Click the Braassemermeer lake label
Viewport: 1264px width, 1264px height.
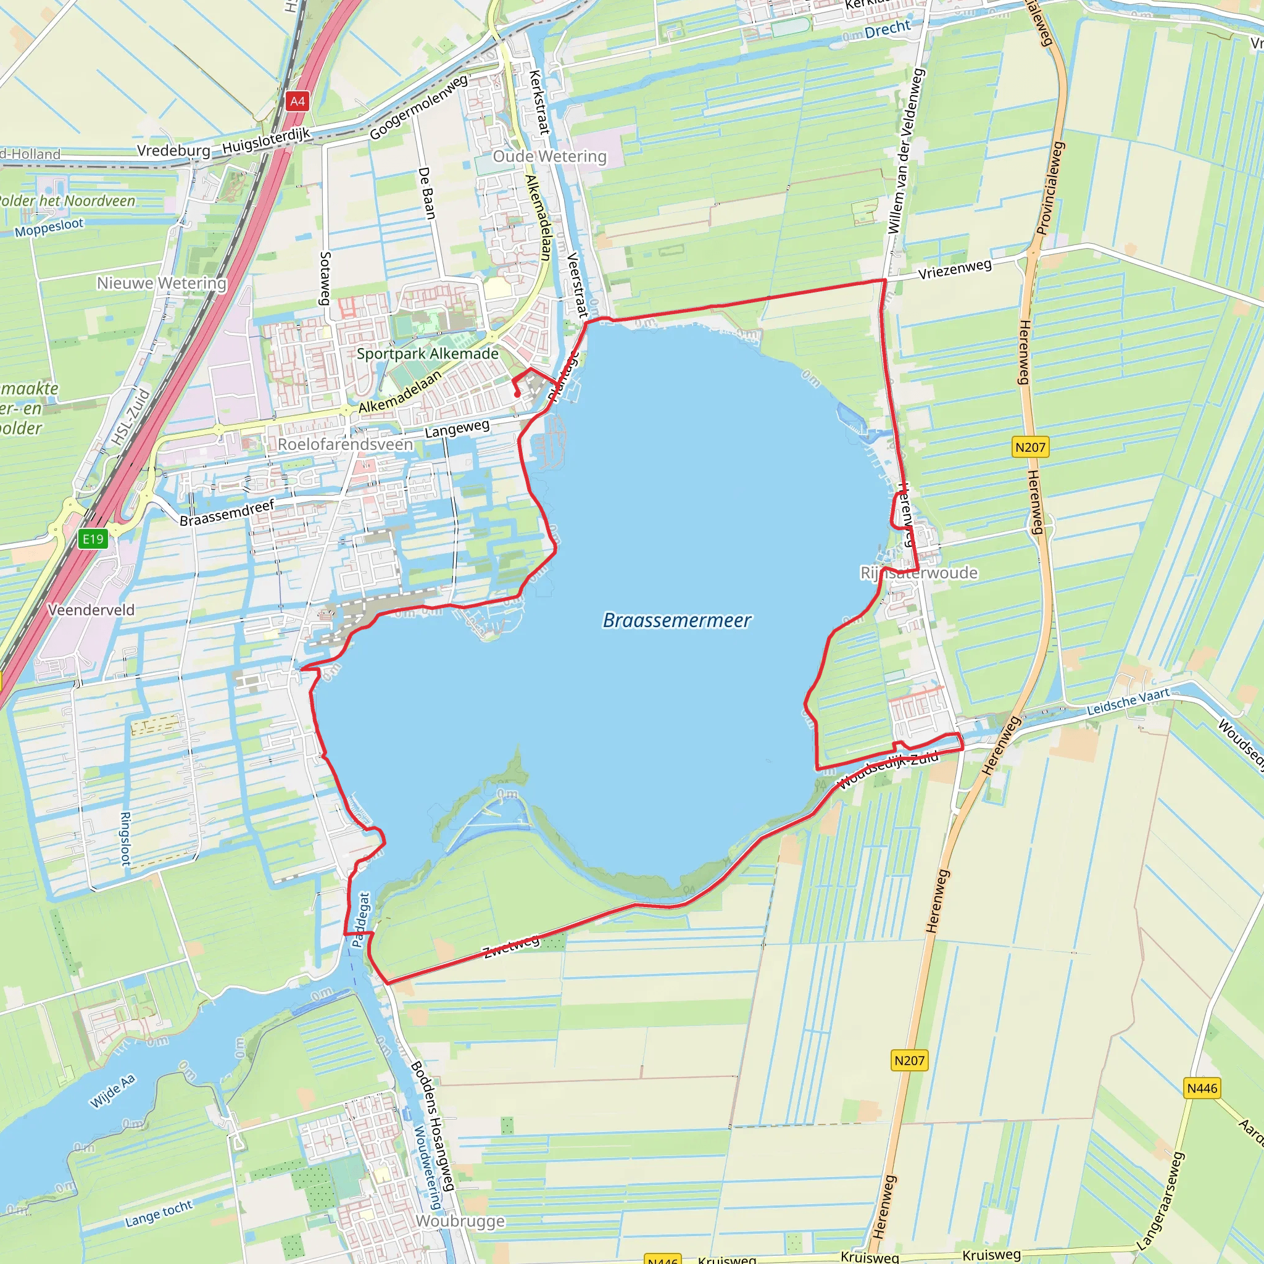pos(676,620)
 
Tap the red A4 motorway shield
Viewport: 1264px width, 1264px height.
pos(297,101)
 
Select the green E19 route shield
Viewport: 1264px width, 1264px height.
pos(93,538)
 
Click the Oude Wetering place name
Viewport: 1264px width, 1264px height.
pos(549,156)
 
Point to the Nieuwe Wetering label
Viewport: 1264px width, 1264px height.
pos(162,283)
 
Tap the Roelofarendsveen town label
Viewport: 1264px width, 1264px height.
pos(346,444)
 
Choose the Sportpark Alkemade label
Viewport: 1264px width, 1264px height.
pos(427,354)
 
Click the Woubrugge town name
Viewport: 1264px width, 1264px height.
pos(460,1221)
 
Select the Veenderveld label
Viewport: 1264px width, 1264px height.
pos(91,610)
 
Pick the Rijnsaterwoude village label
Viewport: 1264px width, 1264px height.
pos(918,573)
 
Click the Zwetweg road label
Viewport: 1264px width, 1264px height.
pos(512,946)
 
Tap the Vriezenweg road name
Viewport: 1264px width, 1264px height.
pos(955,269)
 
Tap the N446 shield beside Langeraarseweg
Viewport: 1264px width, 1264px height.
pos(1202,1088)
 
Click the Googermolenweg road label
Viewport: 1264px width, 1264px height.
pos(418,107)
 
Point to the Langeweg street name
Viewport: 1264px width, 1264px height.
pos(457,429)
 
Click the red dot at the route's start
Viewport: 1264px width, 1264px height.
pos(517,394)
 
